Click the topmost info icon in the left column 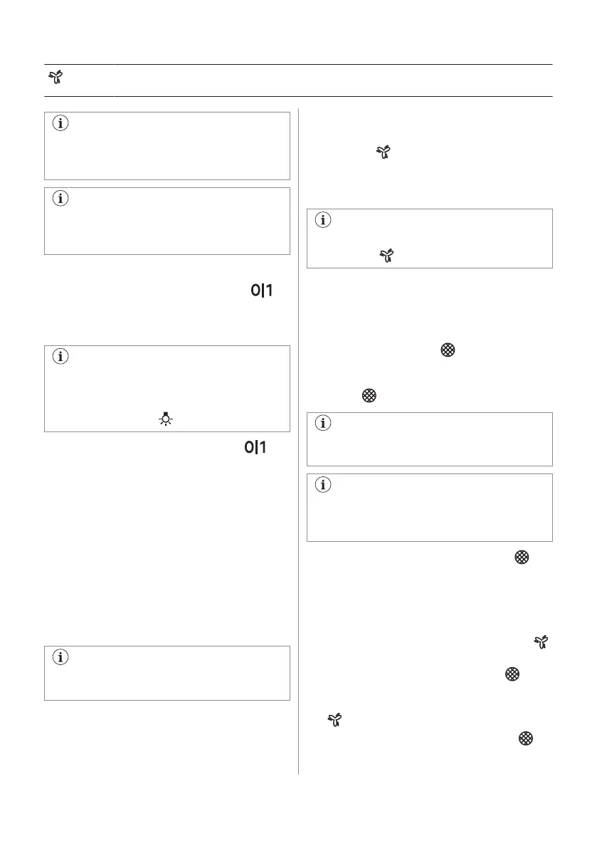pyautogui.click(x=60, y=123)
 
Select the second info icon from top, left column pyautogui.click(x=60, y=199)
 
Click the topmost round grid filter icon pyautogui.click(x=447, y=350)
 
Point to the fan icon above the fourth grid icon pyautogui.click(x=543, y=643)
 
